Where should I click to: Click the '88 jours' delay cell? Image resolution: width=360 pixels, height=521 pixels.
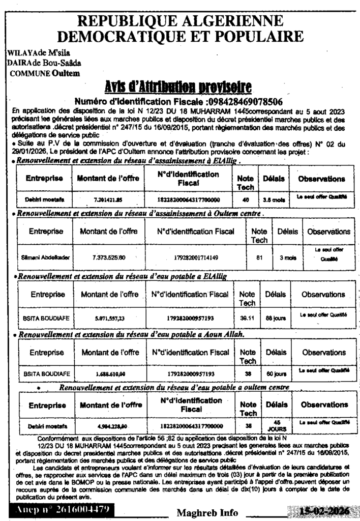pos(276,318)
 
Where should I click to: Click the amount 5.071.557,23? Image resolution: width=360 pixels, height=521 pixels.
pos(109,318)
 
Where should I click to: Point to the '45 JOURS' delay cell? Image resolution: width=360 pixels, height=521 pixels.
pos(277,425)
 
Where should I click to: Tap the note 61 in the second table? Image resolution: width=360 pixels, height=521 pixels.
pos(259,257)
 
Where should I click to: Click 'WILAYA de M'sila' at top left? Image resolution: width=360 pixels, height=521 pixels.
pos(39,53)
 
